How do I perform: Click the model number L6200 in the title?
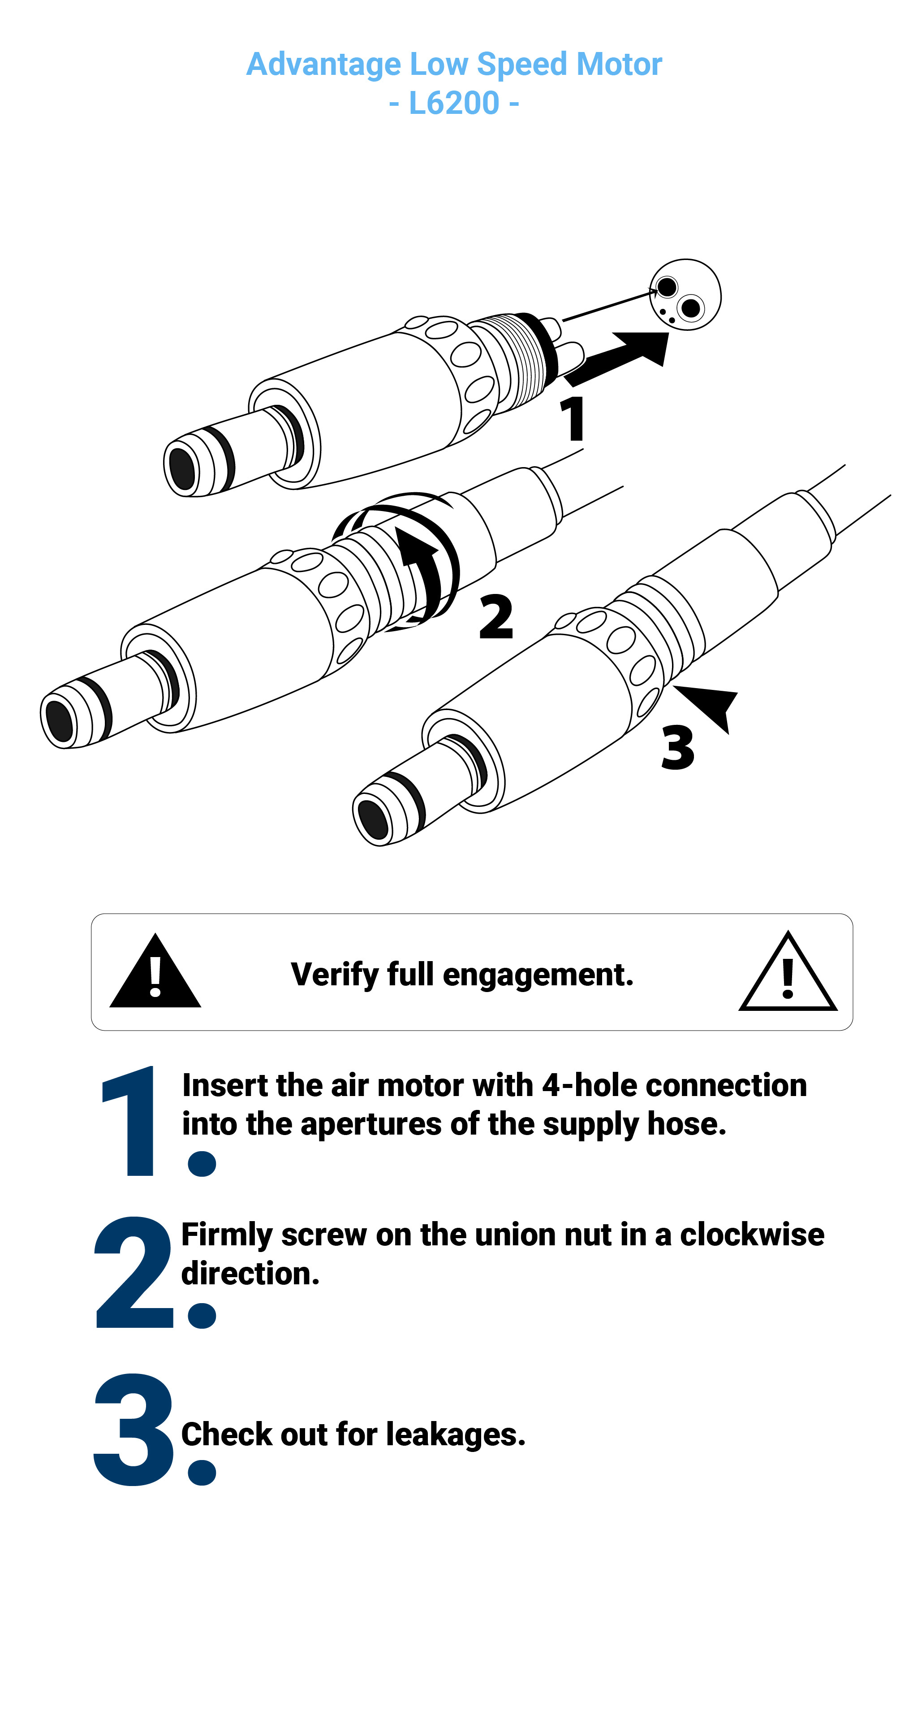454,104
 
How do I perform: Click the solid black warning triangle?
155,971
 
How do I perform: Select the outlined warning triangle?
788,972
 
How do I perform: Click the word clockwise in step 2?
752,1235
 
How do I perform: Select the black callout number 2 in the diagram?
496,616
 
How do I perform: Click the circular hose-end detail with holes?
685,295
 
